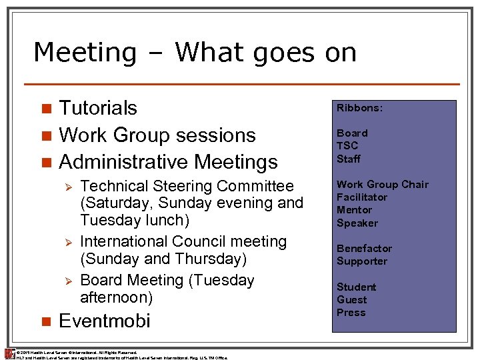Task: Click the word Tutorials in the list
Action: pos(98,108)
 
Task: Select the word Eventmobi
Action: pos(105,321)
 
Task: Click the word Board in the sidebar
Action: pos(352,133)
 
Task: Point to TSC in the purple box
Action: pos(347,145)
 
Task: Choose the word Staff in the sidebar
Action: pos(349,159)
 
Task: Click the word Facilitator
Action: pos(362,197)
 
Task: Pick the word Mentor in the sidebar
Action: pos(354,210)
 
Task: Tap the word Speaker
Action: pos(357,223)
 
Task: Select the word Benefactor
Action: pos(364,249)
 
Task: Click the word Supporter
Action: pos(362,261)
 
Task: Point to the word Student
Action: pos(357,287)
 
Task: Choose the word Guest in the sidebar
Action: pos(351,300)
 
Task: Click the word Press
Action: pos(351,313)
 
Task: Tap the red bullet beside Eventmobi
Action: pos(45,321)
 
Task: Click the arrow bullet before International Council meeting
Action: pos(66,242)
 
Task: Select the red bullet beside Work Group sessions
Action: pos(45,135)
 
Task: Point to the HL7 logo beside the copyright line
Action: pos(9,354)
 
